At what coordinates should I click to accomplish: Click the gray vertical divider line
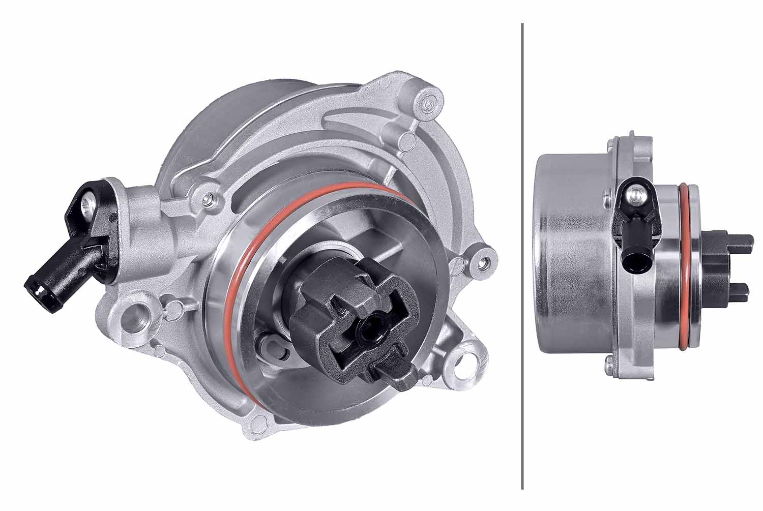pyautogui.click(x=522, y=254)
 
